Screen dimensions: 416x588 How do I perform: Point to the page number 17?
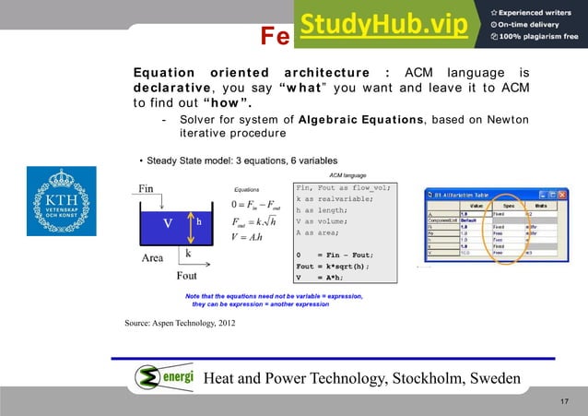pyautogui.click(x=565, y=404)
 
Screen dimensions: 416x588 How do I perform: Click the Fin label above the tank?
pyautogui.click(x=147, y=188)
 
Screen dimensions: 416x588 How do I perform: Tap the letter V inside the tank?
pyautogui.click(x=168, y=223)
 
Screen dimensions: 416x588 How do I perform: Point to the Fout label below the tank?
pyautogui.click(x=186, y=275)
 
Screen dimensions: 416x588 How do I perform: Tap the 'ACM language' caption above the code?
pyautogui.click(x=347, y=174)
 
